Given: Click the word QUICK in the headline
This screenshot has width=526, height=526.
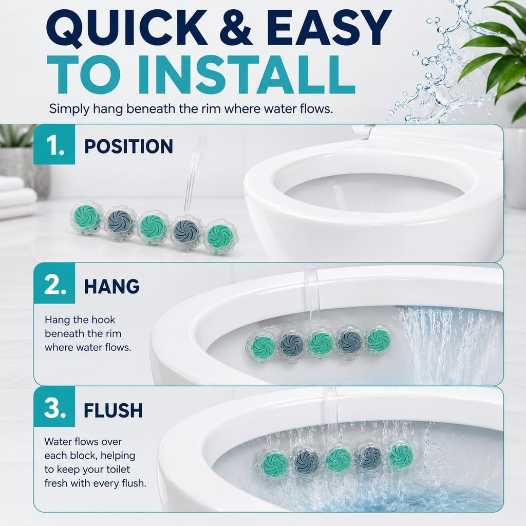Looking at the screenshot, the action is pyautogui.click(x=127, y=28).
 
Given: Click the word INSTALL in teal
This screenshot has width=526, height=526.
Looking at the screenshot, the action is pyautogui.click(x=247, y=75).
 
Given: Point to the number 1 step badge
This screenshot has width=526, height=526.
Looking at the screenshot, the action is pyautogui.click(x=54, y=144).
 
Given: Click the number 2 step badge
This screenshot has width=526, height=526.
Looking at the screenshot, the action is pyautogui.click(x=54, y=284).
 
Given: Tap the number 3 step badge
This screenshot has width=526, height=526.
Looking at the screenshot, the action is pyautogui.click(x=54, y=407).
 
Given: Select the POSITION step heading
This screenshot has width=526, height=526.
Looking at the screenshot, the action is pyautogui.click(x=128, y=146).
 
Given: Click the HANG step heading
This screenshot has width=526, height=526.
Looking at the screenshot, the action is pyautogui.click(x=111, y=286).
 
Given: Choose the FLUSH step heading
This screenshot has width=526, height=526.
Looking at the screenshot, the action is pyautogui.click(x=114, y=410).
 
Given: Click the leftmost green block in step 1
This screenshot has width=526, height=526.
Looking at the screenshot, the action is pyautogui.click(x=86, y=217).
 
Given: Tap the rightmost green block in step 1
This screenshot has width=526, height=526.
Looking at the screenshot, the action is pyautogui.click(x=220, y=236).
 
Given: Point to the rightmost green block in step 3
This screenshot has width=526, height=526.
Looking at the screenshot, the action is pyautogui.click(x=400, y=456).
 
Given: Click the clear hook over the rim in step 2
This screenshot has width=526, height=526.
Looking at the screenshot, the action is pyautogui.click(x=312, y=295).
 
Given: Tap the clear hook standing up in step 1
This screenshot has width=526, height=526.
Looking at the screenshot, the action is pyautogui.click(x=195, y=175).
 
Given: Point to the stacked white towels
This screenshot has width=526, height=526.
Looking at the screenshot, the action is pyautogui.click(x=17, y=198).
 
